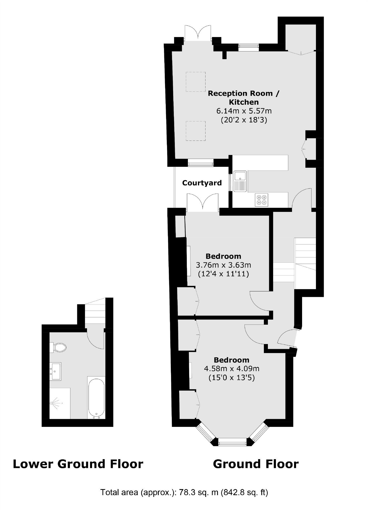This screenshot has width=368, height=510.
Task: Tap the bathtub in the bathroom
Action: tap(96, 398)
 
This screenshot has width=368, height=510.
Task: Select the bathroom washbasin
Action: tap(56, 371)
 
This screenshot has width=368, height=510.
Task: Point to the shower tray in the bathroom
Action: tap(60, 403)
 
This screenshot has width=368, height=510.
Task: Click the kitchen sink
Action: tap(240, 181)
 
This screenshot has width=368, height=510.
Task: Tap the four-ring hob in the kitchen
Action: tap(261, 200)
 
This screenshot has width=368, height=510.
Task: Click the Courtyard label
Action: tap(202, 183)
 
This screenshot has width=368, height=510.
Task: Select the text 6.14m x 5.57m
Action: tap(244, 111)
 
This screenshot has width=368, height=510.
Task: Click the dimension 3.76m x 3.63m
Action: tap(223, 265)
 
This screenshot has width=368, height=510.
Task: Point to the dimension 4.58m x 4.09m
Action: tap(231, 369)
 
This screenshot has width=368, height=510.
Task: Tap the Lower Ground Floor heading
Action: tap(78, 464)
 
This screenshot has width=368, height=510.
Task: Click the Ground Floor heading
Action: tap(256, 464)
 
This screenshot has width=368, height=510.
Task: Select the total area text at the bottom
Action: tap(184, 492)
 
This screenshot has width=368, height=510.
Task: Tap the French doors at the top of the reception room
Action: tap(198, 33)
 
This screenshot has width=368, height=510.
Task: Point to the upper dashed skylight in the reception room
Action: tap(195, 82)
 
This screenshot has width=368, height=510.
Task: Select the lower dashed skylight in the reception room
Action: tap(195, 131)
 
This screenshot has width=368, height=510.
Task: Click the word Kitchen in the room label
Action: tap(243, 102)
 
